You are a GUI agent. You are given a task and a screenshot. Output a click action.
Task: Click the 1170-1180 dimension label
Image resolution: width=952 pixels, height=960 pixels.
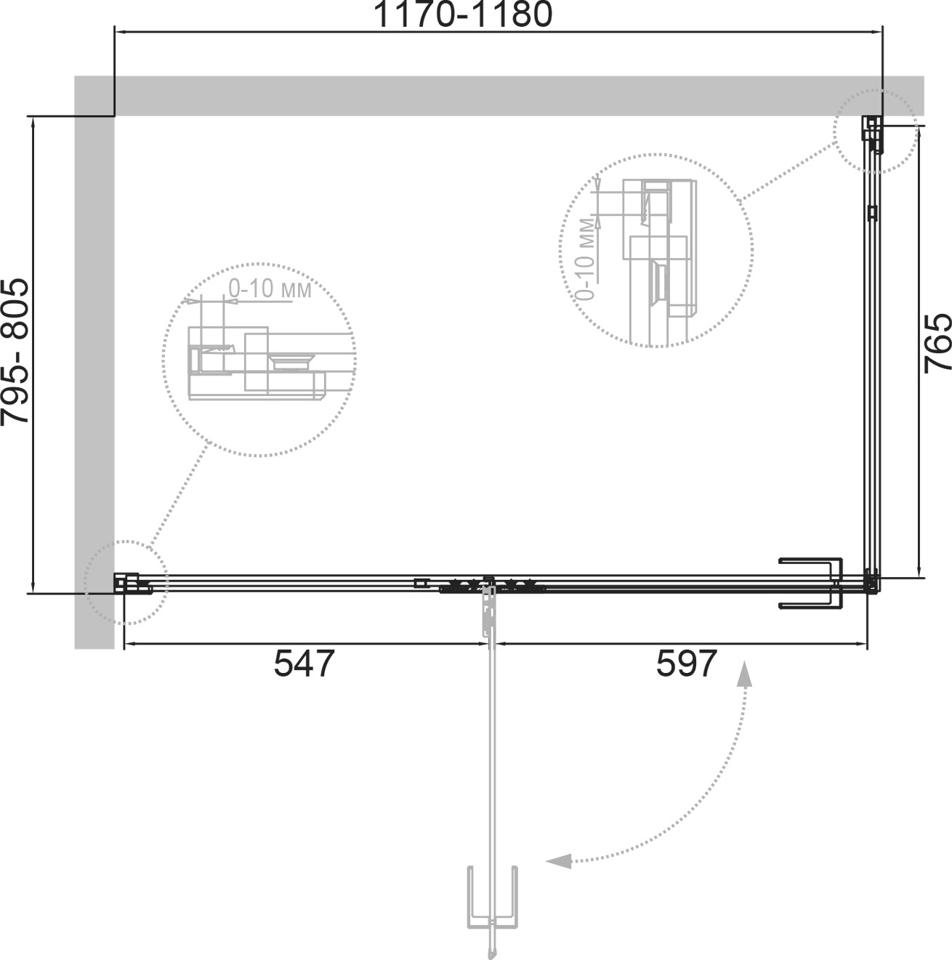click(463, 15)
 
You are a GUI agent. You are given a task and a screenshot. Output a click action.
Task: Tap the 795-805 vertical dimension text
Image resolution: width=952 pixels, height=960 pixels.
click(15, 352)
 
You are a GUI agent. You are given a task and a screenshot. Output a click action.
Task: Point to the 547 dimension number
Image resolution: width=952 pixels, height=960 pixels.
click(304, 663)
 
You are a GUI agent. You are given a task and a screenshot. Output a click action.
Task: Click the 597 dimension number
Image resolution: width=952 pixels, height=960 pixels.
click(686, 663)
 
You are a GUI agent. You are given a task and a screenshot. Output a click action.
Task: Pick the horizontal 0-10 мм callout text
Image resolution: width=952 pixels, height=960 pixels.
click(270, 289)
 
